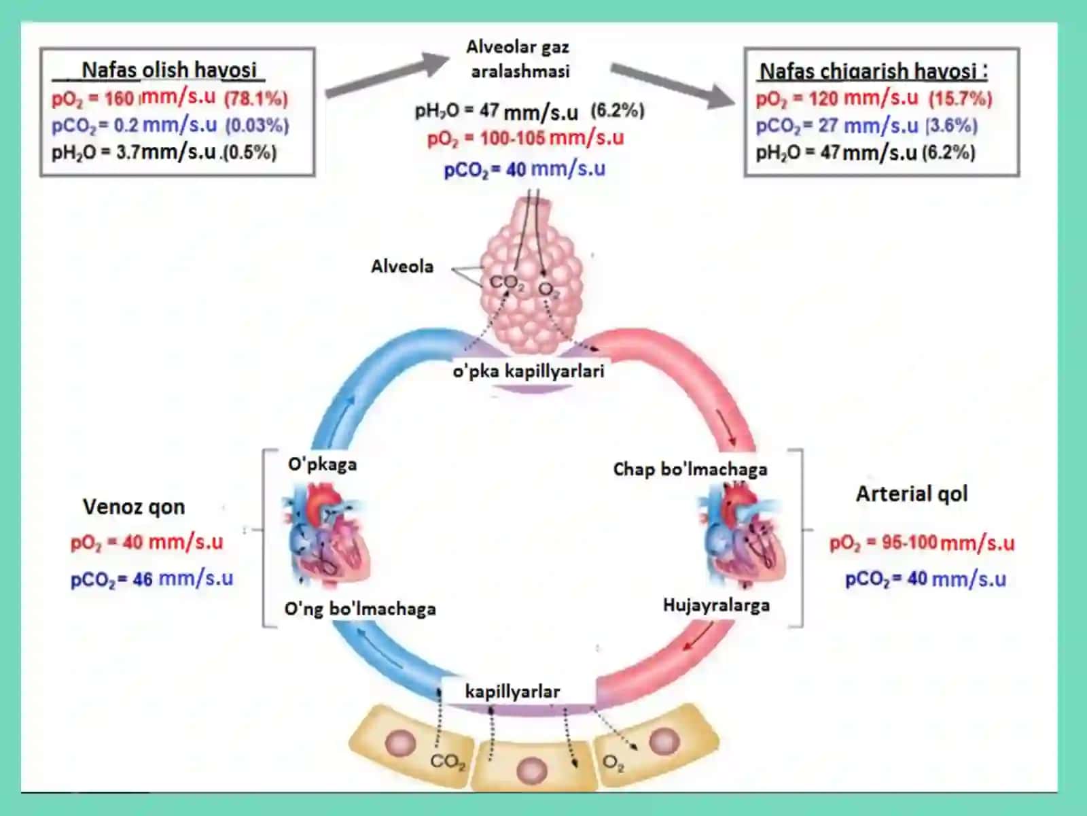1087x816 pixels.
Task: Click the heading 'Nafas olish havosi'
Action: click(169, 70)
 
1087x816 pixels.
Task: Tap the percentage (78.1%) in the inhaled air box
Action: click(256, 99)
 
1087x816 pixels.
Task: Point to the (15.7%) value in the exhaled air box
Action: click(960, 99)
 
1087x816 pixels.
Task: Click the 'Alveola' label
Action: click(402, 267)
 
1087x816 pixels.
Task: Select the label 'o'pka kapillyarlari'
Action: click(529, 371)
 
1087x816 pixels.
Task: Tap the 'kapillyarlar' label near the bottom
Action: click(512, 691)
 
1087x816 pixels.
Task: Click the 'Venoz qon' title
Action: click(134, 507)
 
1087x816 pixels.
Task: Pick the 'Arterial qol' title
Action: click(912, 494)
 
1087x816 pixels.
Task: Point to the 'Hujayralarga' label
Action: click(716, 605)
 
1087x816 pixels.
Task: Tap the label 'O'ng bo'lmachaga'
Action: click(360, 609)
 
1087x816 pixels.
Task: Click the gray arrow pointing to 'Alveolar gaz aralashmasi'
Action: click(387, 74)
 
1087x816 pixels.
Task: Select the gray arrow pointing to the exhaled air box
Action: click(673, 84)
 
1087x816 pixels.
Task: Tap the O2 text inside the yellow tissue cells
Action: click(613, 763)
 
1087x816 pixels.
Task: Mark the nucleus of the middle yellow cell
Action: click(532, 771)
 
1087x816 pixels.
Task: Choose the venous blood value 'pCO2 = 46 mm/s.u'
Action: click(152, 579)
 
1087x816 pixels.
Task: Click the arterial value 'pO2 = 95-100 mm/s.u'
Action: click(922, 543)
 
